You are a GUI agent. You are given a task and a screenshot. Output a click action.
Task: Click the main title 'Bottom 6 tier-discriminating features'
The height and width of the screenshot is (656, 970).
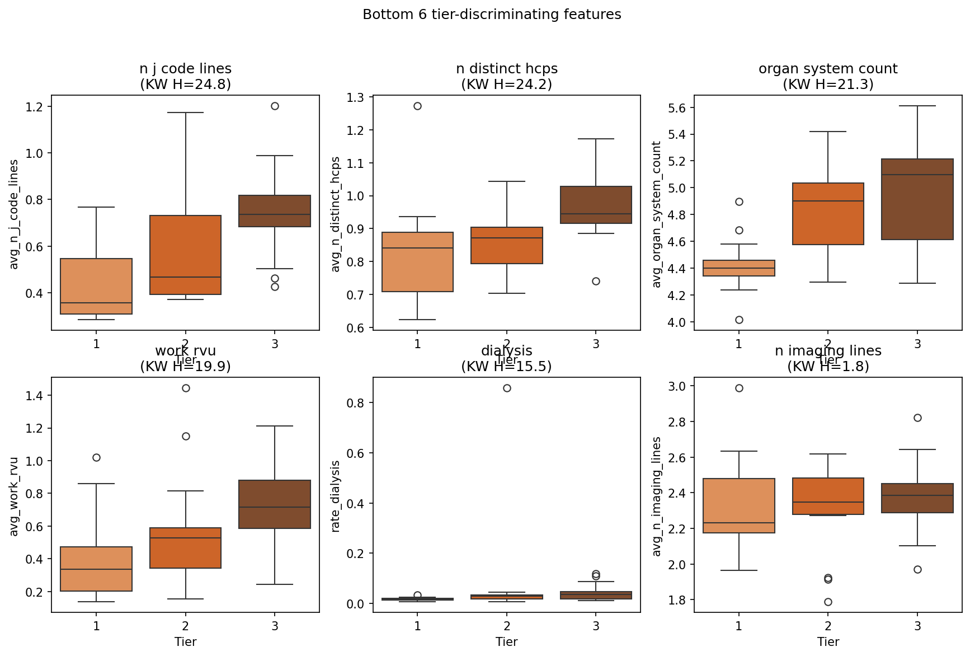(492, 15)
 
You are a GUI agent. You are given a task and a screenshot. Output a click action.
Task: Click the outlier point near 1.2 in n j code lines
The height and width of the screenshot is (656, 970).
(275, 106)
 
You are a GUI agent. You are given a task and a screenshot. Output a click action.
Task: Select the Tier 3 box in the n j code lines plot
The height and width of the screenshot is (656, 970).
(275, 211)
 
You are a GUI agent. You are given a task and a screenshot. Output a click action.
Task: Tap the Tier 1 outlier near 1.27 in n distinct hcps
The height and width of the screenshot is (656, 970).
(417, 106)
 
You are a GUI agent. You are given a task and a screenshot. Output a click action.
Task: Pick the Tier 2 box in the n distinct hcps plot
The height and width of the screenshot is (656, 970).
(507, 245)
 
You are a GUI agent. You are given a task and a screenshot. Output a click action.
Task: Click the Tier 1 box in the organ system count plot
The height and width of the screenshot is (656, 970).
(739, 268)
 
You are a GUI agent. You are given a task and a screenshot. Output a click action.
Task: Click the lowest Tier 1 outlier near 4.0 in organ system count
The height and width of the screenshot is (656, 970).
(739, 320)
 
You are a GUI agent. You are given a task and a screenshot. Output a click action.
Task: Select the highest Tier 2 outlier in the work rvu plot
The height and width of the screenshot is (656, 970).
(186, 388)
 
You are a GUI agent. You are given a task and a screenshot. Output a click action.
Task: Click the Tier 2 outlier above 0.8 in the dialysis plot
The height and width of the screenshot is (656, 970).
(507, 388)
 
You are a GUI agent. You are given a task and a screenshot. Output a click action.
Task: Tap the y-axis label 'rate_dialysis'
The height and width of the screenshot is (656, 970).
(336, 496)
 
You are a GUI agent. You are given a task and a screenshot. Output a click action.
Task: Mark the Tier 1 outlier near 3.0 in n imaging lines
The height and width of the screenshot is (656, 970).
(739, 388)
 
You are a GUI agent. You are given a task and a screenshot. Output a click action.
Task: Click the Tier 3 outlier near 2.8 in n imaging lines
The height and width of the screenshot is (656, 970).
(917, 418)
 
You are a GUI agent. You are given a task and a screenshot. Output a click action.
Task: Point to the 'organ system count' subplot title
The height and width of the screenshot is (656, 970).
(828, 69)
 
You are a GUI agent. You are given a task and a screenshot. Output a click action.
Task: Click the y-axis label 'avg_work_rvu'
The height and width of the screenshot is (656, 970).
(14, 496)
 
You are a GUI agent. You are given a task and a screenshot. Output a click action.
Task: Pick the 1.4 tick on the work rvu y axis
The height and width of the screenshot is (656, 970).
(36, 396)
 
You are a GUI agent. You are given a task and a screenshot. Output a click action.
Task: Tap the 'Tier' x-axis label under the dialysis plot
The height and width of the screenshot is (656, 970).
(507, 642)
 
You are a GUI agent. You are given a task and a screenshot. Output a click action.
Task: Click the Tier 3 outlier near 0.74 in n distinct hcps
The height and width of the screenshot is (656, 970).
(596, 282)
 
